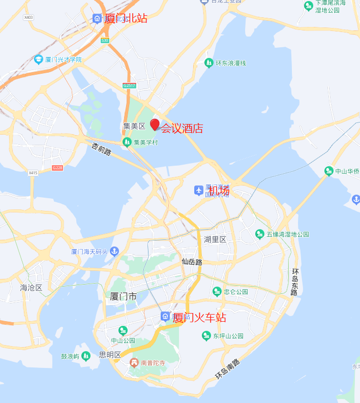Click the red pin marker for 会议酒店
[155, 125]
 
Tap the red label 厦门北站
[126, 18]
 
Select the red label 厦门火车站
[200, 318]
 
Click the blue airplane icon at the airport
[199, 190]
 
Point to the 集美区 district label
[134, 126]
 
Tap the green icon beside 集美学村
[127, 142]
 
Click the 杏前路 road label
[101, 149]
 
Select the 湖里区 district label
[215, 239]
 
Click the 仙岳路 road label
[192, 262]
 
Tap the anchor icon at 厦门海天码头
[114, 251]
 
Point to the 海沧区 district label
[31, 288]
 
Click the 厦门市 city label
[124, 297]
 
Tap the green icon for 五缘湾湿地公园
[260, 234]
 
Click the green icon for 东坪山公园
[206, 335]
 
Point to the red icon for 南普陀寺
[134, 362]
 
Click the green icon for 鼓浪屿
[85, 356]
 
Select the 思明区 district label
[110, 355]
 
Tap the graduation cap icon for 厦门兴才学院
[39, 59]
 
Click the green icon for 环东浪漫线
[208, 63]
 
